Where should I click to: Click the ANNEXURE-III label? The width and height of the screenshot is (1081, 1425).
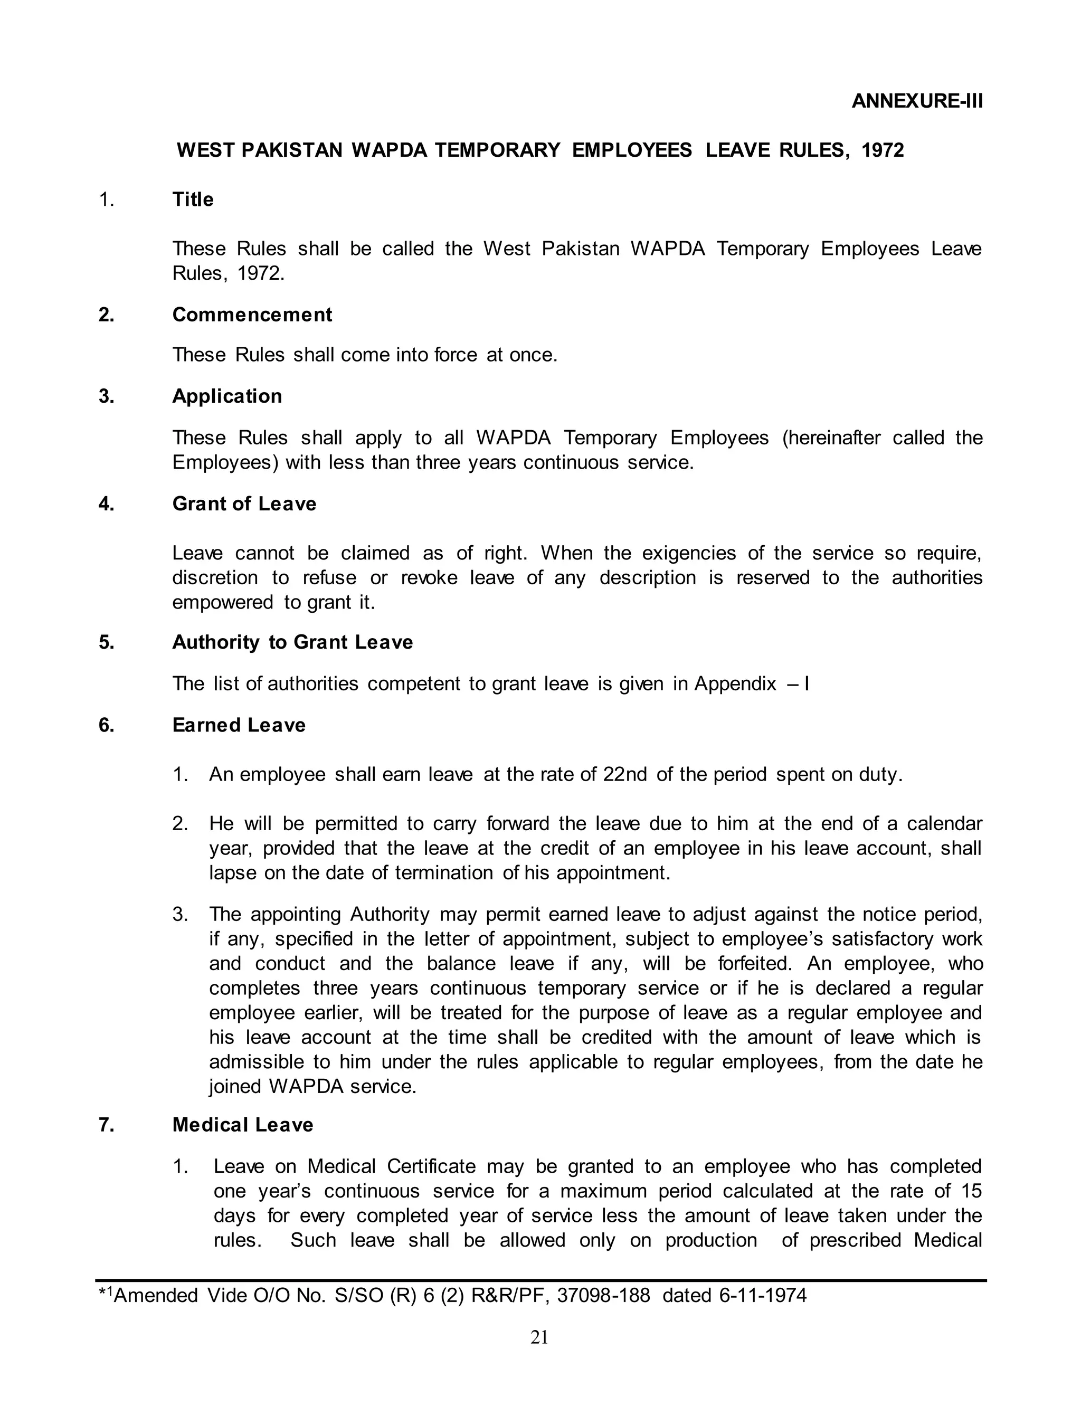tap(917, 101)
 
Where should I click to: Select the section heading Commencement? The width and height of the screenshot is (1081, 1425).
tap(252, 315)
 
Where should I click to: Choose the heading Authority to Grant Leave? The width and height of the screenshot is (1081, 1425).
tap(292, 642)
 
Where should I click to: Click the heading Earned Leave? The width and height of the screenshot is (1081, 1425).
tap(239, 725)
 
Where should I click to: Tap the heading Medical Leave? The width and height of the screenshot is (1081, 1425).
tap(242, 1125)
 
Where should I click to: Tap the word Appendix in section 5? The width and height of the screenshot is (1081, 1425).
tap(735, 683)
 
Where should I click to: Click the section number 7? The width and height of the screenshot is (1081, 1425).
tap(106, 1125)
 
